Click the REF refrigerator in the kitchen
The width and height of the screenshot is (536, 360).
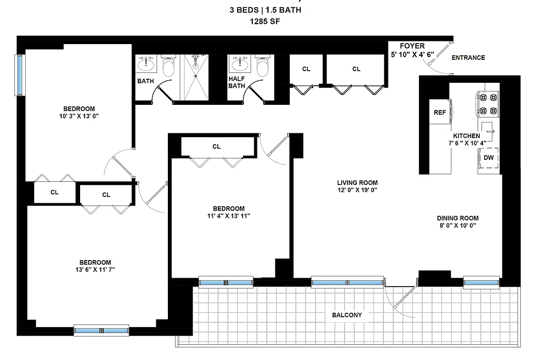click(x=440, y=112)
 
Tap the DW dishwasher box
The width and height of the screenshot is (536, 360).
click(x=488, y=157)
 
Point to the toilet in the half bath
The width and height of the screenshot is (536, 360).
click(x=262, y=67)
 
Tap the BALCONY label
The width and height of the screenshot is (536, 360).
click(x=347, y=315)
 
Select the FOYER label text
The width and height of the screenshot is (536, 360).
click(x=412, y=46)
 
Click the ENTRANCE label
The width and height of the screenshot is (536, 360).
click(x=468, y=58)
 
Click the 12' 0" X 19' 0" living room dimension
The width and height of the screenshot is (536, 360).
click(x=357, y=190)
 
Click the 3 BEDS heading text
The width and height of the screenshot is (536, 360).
click(x=246, y=10)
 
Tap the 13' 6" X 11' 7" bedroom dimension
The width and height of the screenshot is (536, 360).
click(x=95, y=270)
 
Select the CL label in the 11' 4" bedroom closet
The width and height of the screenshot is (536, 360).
click(x=216, y=147)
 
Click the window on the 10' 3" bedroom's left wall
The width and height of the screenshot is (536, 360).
click(x=19, y=75)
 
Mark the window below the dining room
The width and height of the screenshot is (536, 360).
click(x=481, y=283)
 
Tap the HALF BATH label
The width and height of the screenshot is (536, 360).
click(x=236, y=82)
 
